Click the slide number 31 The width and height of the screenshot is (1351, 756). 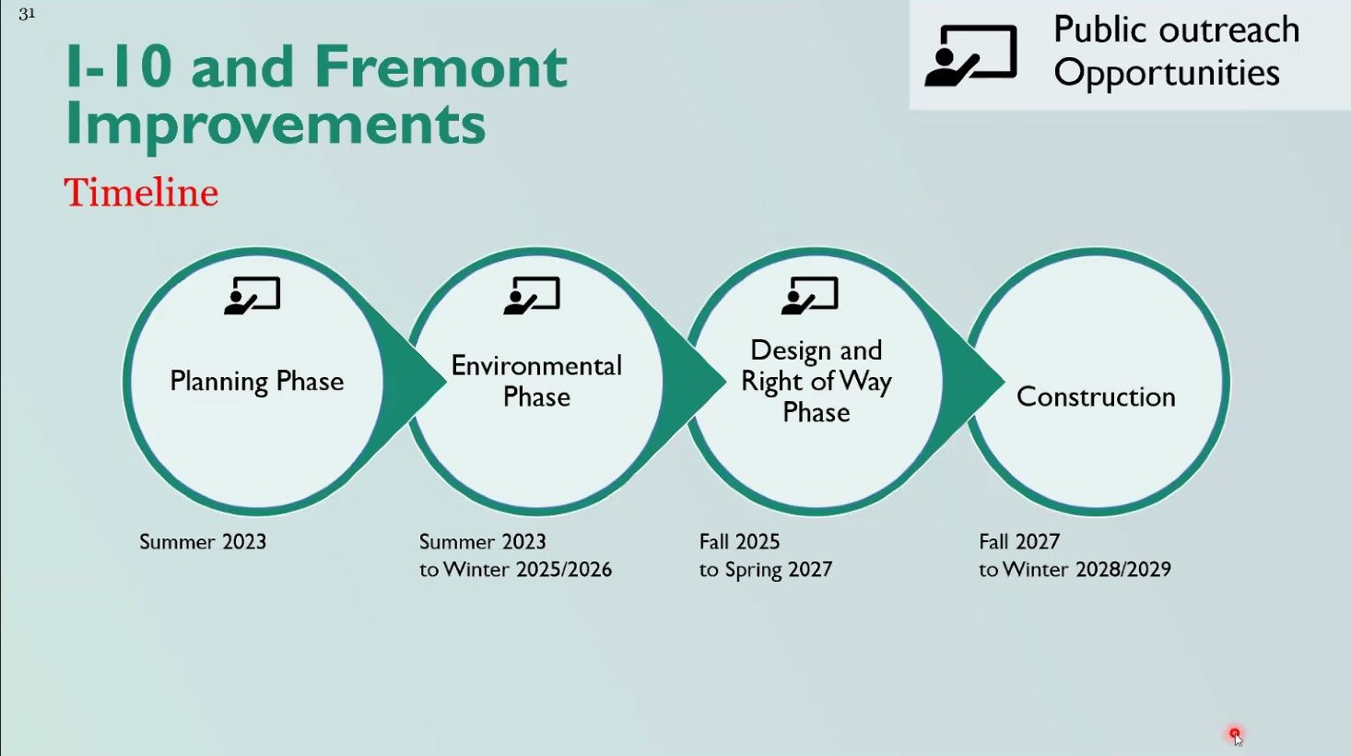click(x=27, y=14)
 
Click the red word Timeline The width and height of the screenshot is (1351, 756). click(x=141, y=193)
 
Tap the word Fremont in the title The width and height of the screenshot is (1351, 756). click(x=441, y=66)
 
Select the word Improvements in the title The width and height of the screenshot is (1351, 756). click(x=276, y=124)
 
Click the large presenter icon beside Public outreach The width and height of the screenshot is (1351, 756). click(x=971, y=55)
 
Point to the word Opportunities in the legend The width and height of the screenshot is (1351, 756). click(x=1167, y=73)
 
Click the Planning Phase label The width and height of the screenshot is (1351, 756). click(x=257, y=382)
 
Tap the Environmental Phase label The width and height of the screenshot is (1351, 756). click(x=536, y=382)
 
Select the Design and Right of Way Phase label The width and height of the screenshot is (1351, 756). click(x=816, y=382)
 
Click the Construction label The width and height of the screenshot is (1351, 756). click(x=1096, y=397)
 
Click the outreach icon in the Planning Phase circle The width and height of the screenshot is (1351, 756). click(x=253, y=296)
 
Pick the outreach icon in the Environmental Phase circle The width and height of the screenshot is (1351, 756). click(x=532, y=296)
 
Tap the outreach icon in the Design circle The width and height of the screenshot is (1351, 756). click(x=810, y=296)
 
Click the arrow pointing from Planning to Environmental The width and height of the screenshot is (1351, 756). click(x=417, y=382)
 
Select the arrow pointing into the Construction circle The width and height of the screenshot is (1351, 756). click(x=974, y=382)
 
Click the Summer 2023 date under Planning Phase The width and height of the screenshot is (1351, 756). click(x=203, y=542)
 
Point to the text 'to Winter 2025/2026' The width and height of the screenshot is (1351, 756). click(x=516, y=570)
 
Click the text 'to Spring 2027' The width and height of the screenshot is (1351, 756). click(x=766, y=570)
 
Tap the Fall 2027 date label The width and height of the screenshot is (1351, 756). click(x=1019, y=542)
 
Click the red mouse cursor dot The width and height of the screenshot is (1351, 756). click(x=1235, y=734)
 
